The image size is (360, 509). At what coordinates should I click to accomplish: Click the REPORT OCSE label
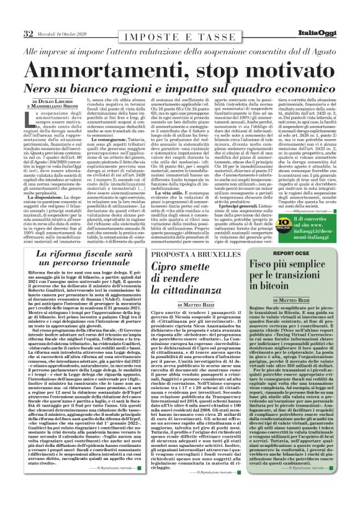coord(287,253)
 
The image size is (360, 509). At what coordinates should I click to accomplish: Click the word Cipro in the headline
coord(170,269)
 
